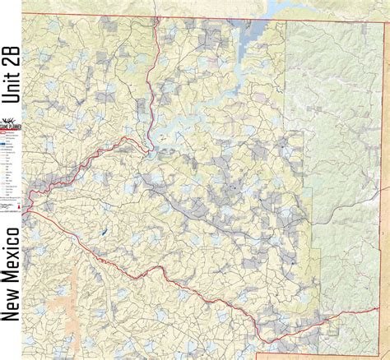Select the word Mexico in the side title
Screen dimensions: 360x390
pyautogui.click(x=12, y=242)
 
